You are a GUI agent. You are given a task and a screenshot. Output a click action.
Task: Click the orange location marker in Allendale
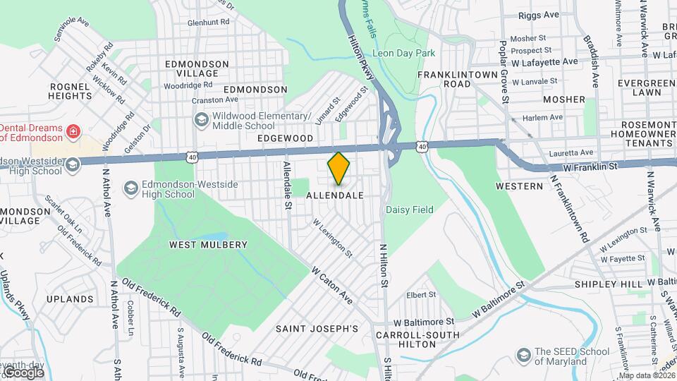pyautogui.click(x=339, y=168)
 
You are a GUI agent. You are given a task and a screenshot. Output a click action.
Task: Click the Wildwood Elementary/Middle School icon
pyautogui.click(x=202, y=119)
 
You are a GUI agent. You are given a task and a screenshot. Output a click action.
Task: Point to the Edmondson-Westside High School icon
pyautogui.click(x=130, y=188)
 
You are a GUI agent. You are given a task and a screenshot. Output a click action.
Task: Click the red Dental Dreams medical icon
pyautogui.click(x=72, y=131)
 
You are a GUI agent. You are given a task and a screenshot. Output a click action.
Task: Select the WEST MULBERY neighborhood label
pyautogui.click(x=208, y=245)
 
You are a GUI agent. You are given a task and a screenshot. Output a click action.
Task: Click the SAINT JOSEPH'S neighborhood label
pyautogui.click(x=317, y=329)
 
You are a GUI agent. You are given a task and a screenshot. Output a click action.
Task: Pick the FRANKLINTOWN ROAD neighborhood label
pyautogui.click(x=453, y=78)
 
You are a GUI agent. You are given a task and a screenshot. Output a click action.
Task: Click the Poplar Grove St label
pyautogui.click(x=505, y=78)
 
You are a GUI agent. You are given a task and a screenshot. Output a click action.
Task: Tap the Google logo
pyautogui.click(x=23, y=372)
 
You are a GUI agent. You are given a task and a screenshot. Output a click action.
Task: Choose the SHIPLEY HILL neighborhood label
pyautogui.click(x=608, y=284)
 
